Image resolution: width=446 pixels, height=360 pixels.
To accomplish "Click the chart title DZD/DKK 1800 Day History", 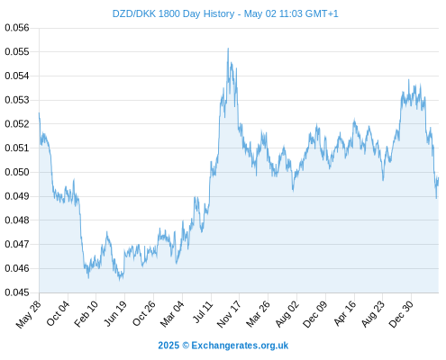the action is coord(173,13).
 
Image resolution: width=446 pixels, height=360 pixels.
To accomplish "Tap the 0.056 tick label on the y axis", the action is coord(17,28).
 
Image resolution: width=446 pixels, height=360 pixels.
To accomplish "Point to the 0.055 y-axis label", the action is coord(17,51).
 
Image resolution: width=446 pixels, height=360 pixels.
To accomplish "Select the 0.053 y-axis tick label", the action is coord(17,100).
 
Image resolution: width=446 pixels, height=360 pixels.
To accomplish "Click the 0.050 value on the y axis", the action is coord(17,172).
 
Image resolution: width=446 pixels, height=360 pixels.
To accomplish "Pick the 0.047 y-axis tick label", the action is coord(17,244).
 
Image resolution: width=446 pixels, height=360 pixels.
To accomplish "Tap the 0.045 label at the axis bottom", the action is coord(17,292).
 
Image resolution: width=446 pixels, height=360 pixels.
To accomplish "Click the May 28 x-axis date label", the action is coord(28,314).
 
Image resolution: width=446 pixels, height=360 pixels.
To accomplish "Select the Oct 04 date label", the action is coord(58,313).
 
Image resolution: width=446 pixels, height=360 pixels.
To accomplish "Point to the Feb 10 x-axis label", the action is coord(86,314).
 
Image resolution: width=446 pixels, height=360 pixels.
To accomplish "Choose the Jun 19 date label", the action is coord(114,313).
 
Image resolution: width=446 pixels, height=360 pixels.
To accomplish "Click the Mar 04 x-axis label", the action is coord(172,314).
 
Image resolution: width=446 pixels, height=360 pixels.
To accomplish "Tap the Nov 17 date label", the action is coord(229,314).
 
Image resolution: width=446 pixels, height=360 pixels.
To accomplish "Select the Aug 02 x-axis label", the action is coord(287,314).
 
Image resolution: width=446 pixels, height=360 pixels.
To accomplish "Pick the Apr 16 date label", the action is coord(345,313).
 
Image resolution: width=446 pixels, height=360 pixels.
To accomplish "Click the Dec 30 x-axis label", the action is coord(401,314).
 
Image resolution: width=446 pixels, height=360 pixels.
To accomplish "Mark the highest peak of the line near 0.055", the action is coord(228,48).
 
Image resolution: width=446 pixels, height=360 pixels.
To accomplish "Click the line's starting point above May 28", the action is coord(39,112).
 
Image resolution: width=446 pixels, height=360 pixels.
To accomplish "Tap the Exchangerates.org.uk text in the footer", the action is coord(240,346).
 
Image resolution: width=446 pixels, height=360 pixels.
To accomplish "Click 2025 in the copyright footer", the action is coord(168,346).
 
